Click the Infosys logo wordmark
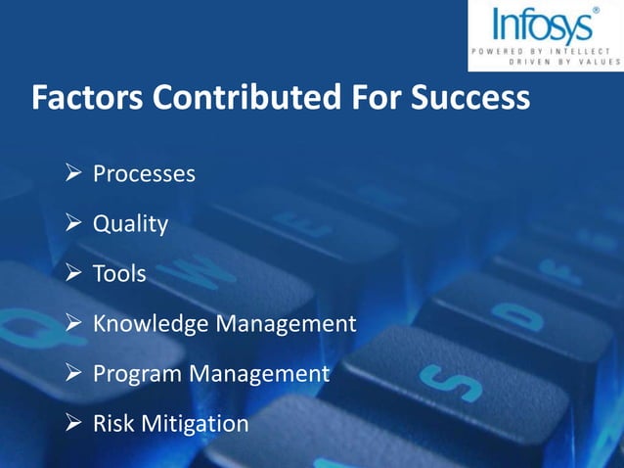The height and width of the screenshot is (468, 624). (540, 25)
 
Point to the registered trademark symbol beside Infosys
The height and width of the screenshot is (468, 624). (597, 11)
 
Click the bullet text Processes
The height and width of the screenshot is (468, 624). (144, 174)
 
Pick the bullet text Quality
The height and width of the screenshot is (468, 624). (130, 224)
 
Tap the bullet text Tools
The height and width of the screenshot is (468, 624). (119, 274)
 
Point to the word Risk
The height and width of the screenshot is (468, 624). (113, 424)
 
